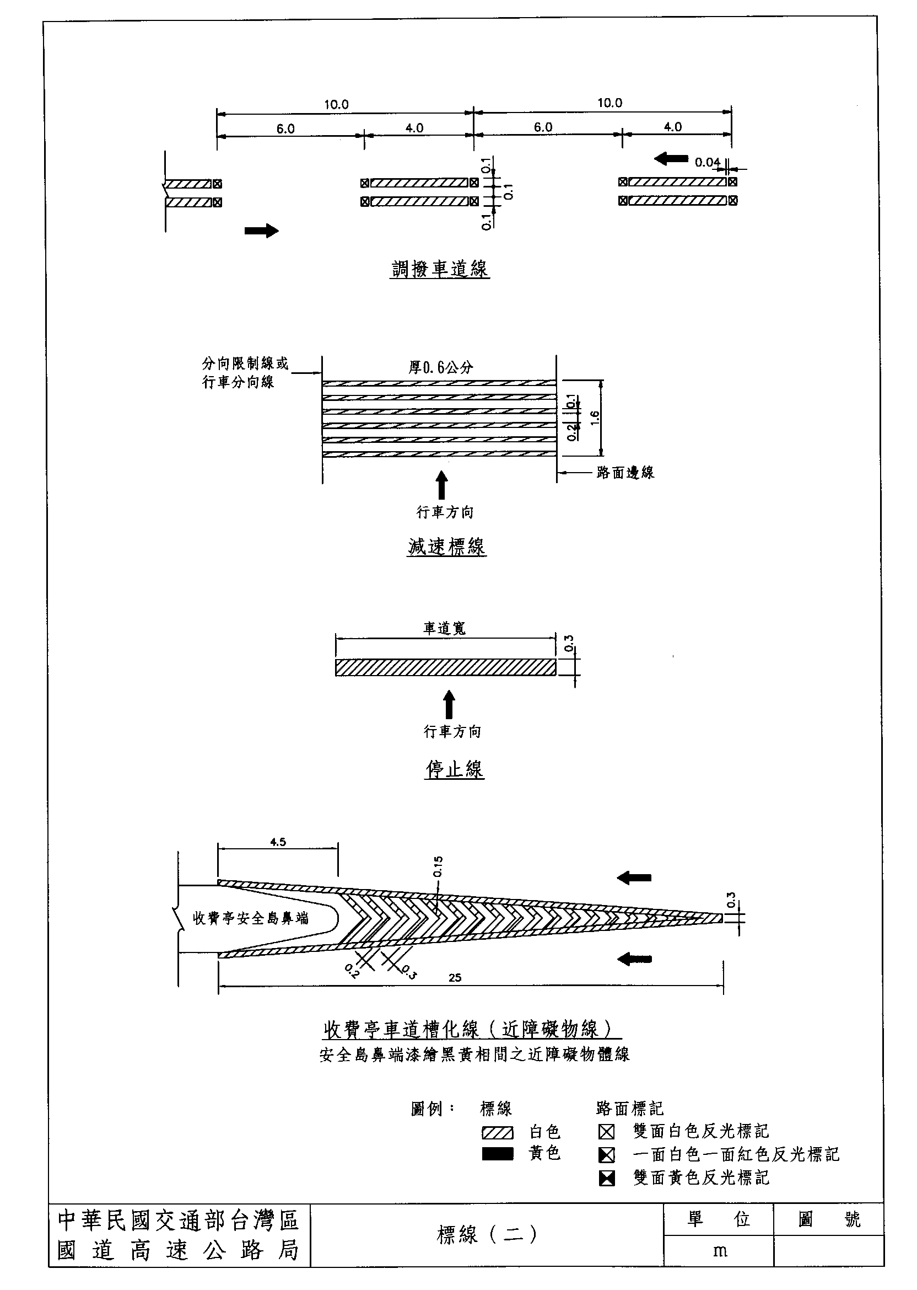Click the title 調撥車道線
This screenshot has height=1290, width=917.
440,269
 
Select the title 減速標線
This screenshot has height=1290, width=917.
446,547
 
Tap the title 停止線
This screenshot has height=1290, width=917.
455,769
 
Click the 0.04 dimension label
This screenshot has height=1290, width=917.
708,163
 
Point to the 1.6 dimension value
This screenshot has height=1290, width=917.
594,418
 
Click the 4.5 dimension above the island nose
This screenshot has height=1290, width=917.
278,842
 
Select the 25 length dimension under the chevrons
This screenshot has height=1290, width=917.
455,977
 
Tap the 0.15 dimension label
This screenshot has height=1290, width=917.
439,866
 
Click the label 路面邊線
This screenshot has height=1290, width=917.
625,473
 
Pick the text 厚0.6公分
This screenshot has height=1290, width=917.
440,367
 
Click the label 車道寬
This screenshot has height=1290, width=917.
444,628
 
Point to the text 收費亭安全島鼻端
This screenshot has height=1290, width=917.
251,918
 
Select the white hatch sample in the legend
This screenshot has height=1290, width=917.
498,1132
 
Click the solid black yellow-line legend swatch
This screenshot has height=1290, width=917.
498,1154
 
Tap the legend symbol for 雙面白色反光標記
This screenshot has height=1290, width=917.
606,1132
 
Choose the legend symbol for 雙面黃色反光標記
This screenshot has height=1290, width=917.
606,1178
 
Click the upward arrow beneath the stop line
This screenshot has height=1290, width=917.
449,704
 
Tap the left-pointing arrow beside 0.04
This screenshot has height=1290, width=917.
671,159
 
